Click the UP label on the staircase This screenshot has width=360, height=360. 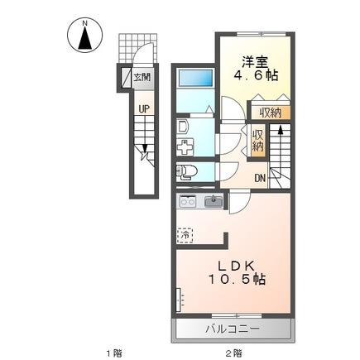144,109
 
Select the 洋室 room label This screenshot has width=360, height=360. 255,60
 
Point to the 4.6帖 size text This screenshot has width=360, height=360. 255,75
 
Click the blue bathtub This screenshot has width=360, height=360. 195,79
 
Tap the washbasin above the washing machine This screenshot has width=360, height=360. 183,126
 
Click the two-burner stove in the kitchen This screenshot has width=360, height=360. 187,202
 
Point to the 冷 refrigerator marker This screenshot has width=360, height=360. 186,234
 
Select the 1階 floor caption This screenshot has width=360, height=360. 113,353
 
